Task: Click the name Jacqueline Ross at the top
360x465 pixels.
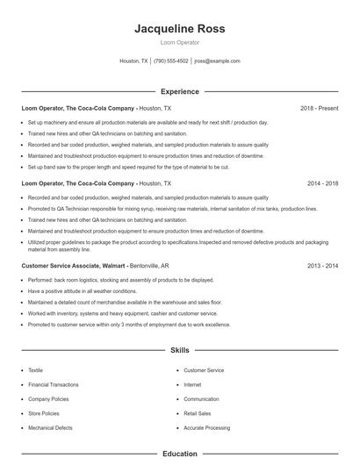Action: [180, 28]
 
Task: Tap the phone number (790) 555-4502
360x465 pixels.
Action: [171, 61]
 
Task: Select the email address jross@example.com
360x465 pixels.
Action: [217, 61]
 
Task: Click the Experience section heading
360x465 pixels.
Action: [180, 91]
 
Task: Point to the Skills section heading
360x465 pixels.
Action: [180, 350]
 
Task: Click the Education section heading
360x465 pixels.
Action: [180, 454]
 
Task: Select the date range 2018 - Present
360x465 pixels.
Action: [319, 108]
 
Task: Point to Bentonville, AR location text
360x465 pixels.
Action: [155, 264]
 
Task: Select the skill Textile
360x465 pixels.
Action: [35, 370]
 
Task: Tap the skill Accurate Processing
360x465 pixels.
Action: [206, 426]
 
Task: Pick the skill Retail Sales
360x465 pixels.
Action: [197, 412]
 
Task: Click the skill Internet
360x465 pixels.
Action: [192, 384]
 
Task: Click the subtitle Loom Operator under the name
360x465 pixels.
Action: [180, 41]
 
